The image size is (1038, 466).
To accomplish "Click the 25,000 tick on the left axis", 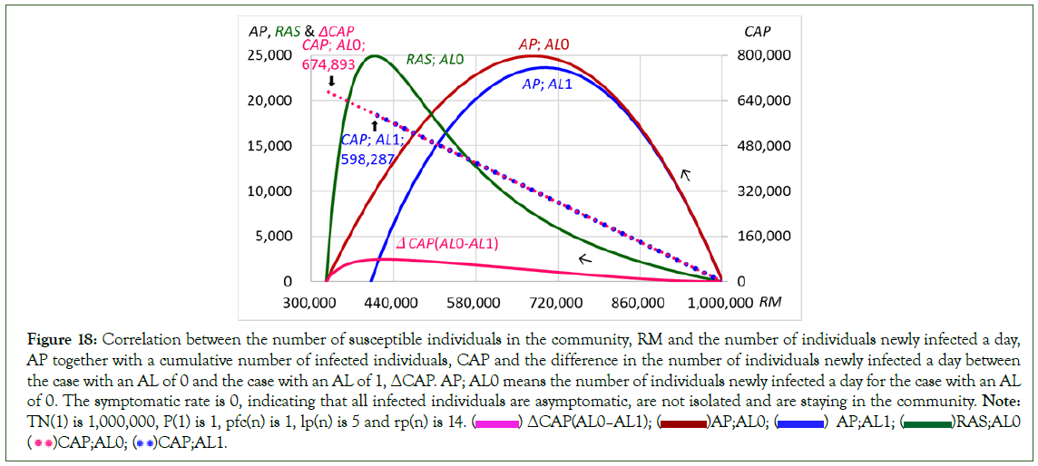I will coord(269,55).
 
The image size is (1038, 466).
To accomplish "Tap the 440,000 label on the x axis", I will coord(393,302).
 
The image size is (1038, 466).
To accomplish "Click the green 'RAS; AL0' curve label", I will coord(435,60).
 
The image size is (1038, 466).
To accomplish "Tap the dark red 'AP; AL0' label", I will coord(543,44).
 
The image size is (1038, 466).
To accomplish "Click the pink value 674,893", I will coord(328,64).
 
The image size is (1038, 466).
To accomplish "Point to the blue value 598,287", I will coord(366,157).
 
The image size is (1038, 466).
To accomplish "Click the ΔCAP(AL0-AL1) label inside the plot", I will coord(448,243).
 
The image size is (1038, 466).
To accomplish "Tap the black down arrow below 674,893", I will coord(330,82).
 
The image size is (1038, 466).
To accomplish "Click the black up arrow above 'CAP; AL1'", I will coord(374,124).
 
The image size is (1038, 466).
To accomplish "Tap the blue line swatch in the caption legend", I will coord(800,423).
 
